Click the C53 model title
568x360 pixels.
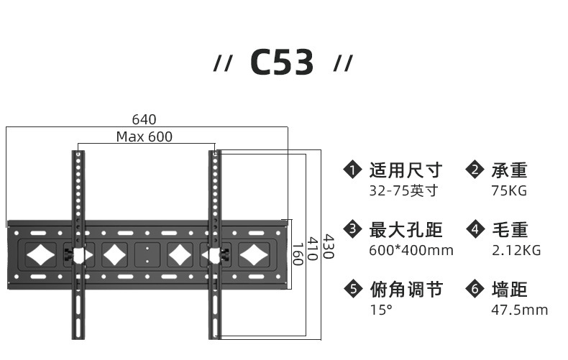[x=283, y=63]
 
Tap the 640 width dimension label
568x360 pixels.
[x=144, y=119]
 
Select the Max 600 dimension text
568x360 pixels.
[x=145, y=137]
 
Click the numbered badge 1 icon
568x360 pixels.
[x=352, y=170]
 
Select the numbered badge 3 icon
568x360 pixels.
[x=352, y=230]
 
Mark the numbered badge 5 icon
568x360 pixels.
[x=352, y=290]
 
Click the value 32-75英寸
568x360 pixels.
[x=403, y=191]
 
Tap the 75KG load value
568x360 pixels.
[x=509, y=191]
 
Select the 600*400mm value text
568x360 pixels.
[x=411, y=251]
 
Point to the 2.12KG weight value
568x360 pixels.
[x=516, y=251]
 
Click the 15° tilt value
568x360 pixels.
[x=381, y=310]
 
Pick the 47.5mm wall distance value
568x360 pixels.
[x=519, y=310]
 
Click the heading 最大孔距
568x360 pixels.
[x=406, y=230]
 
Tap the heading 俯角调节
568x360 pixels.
[x=406, y=290]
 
